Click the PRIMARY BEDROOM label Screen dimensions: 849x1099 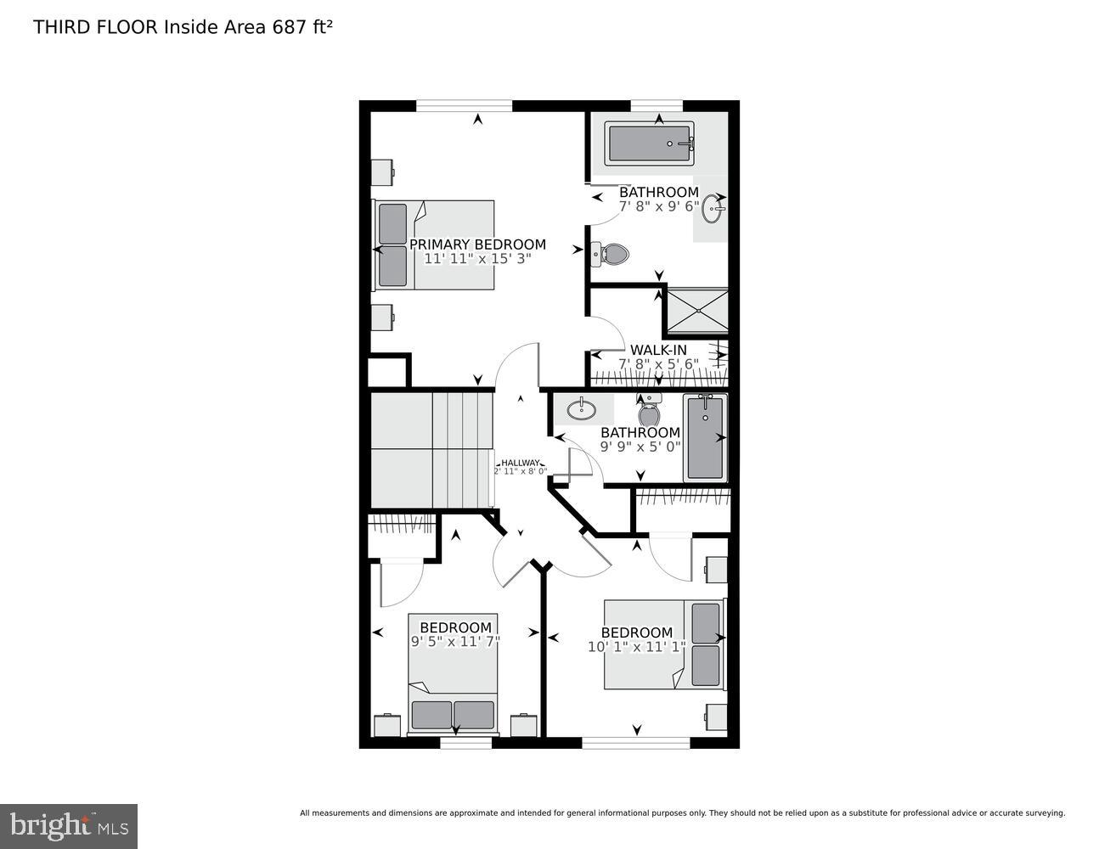pyautogui.click(x=477, y=245)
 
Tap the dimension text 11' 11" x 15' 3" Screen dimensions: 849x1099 pyautogui.click(x=477, y=259)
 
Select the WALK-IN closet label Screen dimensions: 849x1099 pyautogui.click(x=658, y=350)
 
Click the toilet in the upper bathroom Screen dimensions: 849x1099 pyautogui.click(x=611, y=252)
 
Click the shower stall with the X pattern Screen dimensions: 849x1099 pyautogui.click(x=697, y=311)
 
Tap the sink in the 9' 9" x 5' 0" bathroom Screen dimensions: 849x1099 pyautogui.click(x=583, y=409)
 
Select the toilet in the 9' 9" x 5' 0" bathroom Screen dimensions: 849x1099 pyautogui.click(x=650, y=413)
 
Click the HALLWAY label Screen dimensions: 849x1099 pyautogui.click(x=520, y=463)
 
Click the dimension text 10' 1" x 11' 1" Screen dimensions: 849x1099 pyautogui.click(x=637, y=647)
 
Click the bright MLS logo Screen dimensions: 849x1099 pyautogui.click(x=69, y=826)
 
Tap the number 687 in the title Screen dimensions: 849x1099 pyautogui.click(x=289, y=27)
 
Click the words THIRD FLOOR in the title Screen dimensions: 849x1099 pyautogui.click(x=95, y=27)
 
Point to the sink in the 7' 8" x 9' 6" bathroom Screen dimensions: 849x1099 pyautogui.click(x=712, y=208)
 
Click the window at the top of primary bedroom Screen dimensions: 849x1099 pyautogui.click(x=464, y=106)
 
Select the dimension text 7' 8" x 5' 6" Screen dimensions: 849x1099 pyautogui.click(x=658, y=364)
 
